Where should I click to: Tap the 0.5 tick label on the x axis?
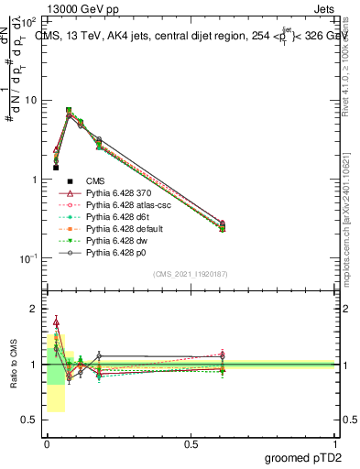(191, 443)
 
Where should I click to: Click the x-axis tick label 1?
(336, 443)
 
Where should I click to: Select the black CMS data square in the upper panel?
(56, 168)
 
